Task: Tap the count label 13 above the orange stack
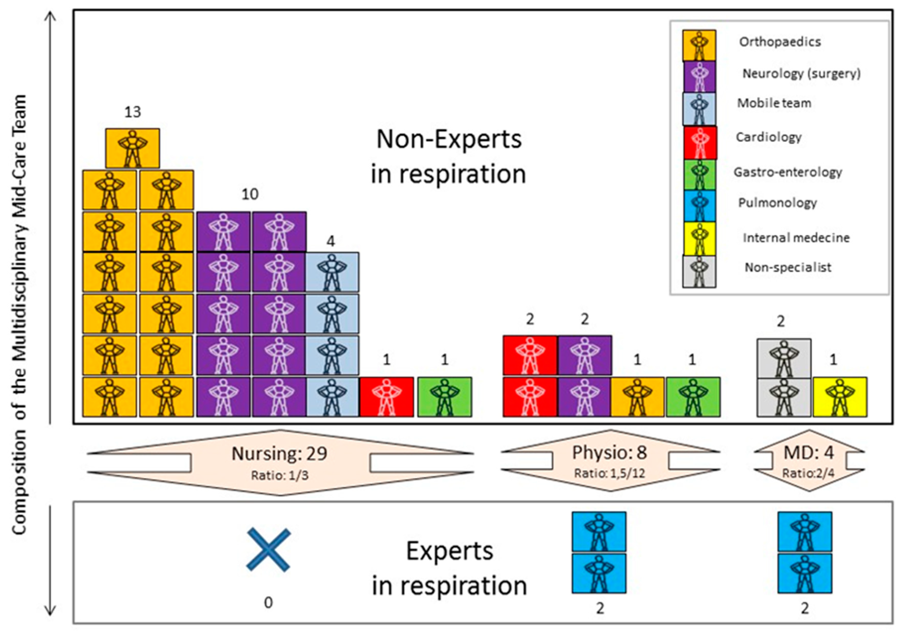click(132, 112)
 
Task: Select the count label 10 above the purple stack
click(250, 194)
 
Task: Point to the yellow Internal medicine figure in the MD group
click(840, 397)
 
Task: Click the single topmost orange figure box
click(132, 148)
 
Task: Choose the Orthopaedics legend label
click(780, 42)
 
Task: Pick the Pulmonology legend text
click(777, 203)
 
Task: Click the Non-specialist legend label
click(788, 267)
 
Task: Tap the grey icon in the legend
click(699, 271)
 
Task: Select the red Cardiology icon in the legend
click(700, 142)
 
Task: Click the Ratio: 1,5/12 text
click(610, 473)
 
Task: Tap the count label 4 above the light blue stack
click(331, 241)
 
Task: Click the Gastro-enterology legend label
click(788, 172)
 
